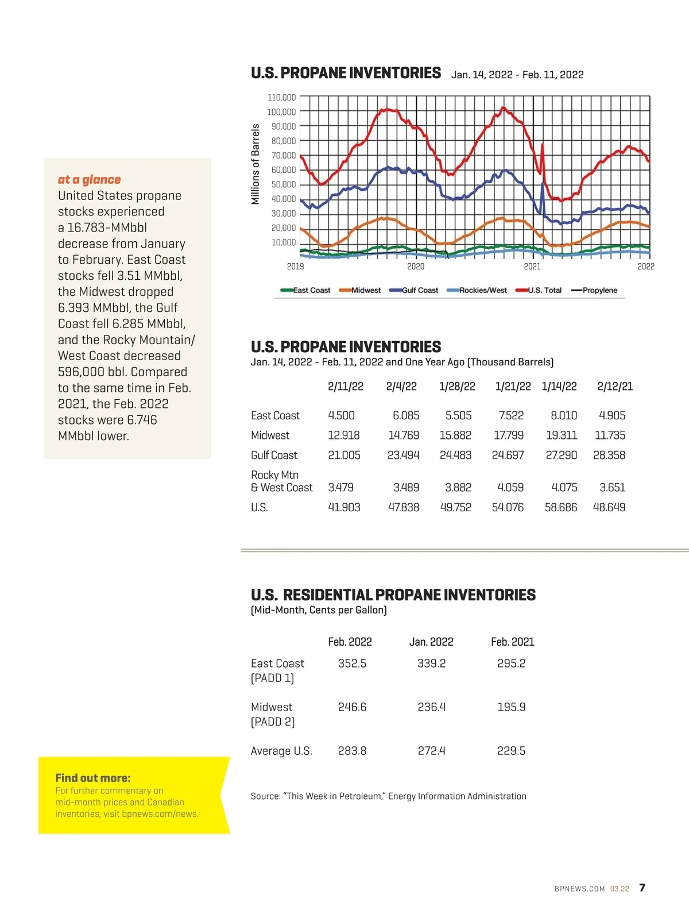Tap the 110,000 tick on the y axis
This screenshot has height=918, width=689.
click(x=281, y=98)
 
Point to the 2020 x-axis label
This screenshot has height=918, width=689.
click(x=416, y=267)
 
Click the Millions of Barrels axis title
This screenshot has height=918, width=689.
click(x=256, y=164)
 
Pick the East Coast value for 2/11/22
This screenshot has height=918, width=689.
click(x=341, y=415)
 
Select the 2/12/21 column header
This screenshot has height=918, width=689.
click(x=615, y=387)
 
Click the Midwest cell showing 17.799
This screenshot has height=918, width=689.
click(x=509, y=435)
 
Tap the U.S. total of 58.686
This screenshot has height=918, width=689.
click(x=561, y=507)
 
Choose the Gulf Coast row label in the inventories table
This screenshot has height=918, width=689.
click(x=274, y=456)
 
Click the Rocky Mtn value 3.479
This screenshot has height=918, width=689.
click(x=340, y=488)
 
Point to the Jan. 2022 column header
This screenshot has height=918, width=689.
click(x=431, y=642)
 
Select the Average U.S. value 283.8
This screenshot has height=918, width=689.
click(x=352, y=751)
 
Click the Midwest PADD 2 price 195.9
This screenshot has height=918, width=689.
click(x=511, y=707)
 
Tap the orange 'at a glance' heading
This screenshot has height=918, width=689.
click(x=89, y=180)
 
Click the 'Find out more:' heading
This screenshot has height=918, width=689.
click(x=93, y=778)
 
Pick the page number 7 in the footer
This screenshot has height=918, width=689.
click(x=642, y=888)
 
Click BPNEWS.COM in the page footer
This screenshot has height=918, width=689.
click(x=580, y=889)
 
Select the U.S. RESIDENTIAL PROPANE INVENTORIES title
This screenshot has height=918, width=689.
click(x=393, y=595)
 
